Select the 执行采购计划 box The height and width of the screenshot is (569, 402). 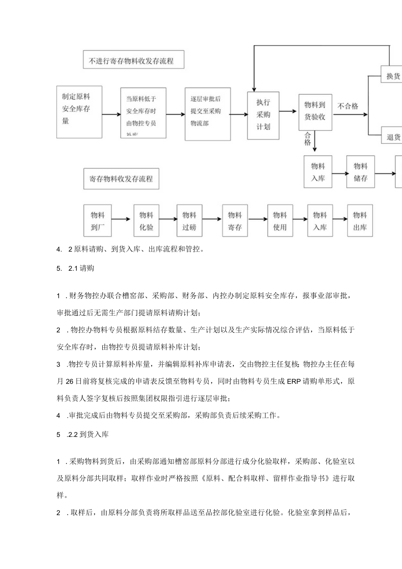click(263, 115)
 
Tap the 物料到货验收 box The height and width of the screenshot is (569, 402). click(315, 112)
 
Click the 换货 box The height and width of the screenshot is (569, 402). click(392, 76)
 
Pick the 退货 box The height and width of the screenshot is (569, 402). click(392, 136)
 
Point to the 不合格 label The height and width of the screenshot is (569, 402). click(347, 106)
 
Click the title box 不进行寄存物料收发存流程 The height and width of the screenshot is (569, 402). click(134, 60)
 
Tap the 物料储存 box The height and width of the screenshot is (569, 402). click(360, 172)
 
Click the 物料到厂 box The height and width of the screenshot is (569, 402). click(97, 221)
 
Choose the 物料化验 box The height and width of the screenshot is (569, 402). click(146, 221)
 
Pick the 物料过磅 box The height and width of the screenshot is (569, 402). click(189, 221)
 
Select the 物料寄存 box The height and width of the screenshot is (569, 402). click(235, 221)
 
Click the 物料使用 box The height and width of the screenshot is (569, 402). click(280, 221)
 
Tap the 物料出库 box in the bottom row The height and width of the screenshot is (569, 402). click(360, 221)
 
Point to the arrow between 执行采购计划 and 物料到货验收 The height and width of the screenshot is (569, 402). click(289, 112)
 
